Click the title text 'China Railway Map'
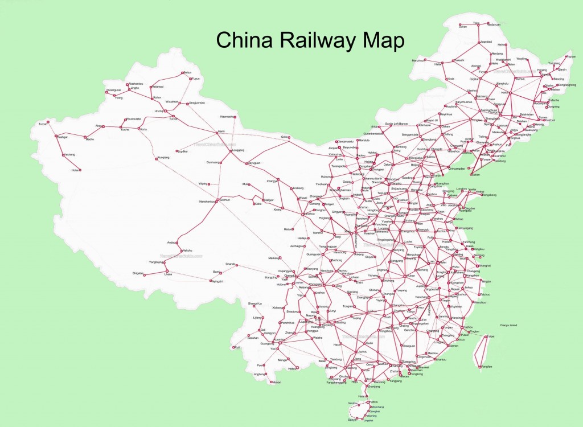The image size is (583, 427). tap(310, 41)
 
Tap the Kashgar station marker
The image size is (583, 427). tap(56, 136)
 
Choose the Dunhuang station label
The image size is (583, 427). tap(213, 162)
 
